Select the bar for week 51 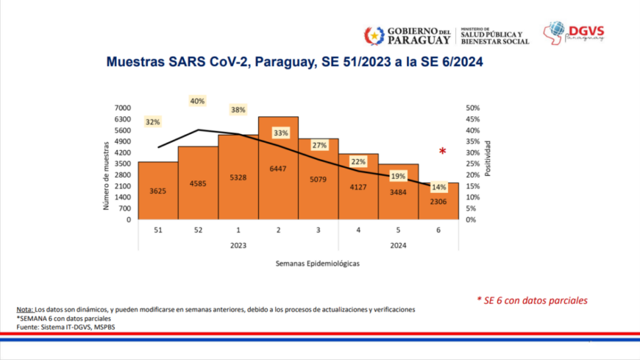(157, 191)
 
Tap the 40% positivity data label (197, 101)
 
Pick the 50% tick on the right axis (473, 108)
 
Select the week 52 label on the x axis (198, 230)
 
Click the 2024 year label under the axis (398, 246)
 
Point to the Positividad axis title (488, 158)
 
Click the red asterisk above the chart (443, 152)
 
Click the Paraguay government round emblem (374, 35)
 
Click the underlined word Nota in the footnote (24, 309)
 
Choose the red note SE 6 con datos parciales (532, 300)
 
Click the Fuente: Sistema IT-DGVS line (65, 327)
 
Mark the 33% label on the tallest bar (280, 133)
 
